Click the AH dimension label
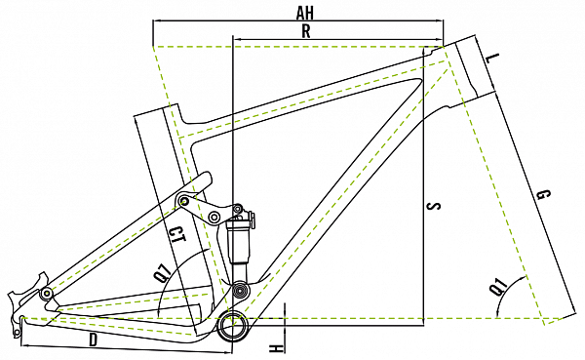(305, 13)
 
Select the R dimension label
(306, 31)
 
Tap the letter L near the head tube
(493, 59)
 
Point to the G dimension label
(543, 195)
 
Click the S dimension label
(434, 206)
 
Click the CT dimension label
(176, 236)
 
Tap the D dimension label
(94, 340)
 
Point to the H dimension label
(275, 349)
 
